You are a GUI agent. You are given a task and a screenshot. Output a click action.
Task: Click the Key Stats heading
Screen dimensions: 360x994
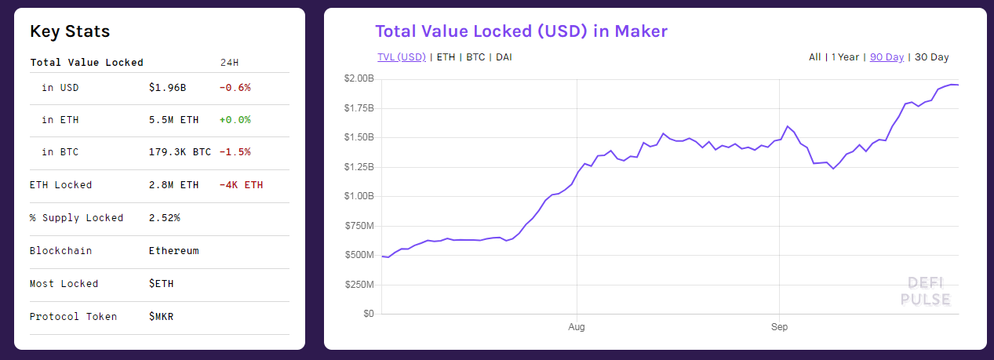tap(70, 31)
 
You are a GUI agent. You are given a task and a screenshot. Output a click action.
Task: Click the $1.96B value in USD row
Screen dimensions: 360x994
tap(167, 88)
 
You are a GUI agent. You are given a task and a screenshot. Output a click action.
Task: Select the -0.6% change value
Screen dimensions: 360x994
tap(235, 88)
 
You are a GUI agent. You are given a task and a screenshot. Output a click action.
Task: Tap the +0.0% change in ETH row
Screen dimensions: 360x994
tap(235, 120)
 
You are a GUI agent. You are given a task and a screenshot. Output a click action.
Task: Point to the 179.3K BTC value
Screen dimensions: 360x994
tap(180, 152)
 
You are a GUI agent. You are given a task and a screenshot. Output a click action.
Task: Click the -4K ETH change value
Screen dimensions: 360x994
tap(242, 185)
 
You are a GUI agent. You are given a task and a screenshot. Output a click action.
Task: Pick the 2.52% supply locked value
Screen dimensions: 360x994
tap(164, 218)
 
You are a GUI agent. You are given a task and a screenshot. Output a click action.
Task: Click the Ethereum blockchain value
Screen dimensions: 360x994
tap(173, 251)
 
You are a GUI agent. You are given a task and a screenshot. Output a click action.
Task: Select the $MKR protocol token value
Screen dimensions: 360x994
tap(161, 317)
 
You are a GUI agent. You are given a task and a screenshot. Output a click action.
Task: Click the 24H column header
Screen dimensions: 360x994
tap(230, 62)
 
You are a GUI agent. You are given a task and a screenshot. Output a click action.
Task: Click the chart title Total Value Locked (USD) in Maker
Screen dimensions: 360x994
tap(521, 31)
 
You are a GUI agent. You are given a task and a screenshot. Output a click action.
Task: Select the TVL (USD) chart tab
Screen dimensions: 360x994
tap(402, 57)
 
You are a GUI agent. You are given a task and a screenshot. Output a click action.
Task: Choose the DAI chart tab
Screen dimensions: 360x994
tap(504, 57)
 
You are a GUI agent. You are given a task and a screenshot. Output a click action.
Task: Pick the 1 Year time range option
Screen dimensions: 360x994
tap(845, 57)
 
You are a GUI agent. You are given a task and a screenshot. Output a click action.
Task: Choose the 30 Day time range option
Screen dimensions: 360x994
tap(932, 57)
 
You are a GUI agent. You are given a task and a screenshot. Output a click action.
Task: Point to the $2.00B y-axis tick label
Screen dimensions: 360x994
tap(359, 78)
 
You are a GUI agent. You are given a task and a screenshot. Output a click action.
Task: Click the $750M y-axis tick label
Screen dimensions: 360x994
tap(359, 226)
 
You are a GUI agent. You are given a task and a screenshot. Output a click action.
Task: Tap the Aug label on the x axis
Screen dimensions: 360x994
tap(577, 326)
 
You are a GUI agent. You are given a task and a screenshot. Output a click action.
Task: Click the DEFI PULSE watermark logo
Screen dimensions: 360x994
tap(926, 291)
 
